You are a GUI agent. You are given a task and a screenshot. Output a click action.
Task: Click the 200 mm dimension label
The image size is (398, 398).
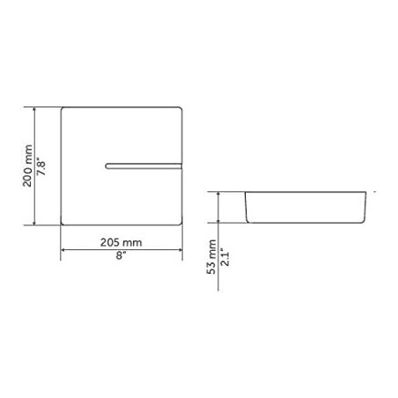[27, 166]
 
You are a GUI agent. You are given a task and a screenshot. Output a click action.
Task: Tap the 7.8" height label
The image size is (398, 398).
[41, 166]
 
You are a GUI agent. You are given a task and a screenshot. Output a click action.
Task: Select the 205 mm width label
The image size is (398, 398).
[121, 242]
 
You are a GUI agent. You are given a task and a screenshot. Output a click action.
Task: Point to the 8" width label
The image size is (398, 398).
[121, 255]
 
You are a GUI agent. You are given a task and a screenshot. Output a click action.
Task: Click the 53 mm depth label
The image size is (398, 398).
[211, 257]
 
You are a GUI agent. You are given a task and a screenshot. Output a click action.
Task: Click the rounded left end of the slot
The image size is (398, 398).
[107, 166]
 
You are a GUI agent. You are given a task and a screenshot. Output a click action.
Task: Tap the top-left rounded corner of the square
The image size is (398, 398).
[63, 109]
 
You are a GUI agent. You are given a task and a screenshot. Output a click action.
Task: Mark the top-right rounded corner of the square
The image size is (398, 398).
[181, 109]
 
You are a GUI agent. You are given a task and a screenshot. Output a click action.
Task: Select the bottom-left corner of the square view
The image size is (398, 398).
[63, 224]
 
